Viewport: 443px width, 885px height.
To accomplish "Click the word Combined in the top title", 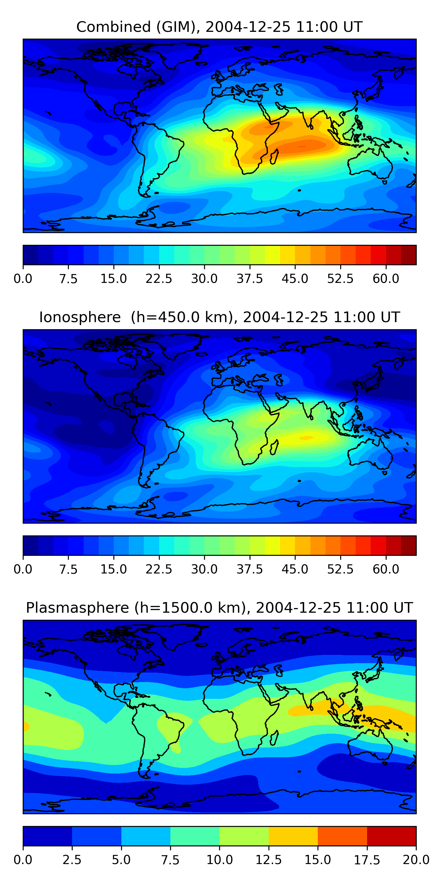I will click(x=113, y=27).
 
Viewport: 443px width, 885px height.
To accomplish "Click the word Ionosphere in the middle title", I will click(x=80, y=317).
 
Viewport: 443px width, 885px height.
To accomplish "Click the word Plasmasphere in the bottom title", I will click(x=77, y=608).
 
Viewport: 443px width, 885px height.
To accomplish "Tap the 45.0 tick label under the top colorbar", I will click(x=295, y=278).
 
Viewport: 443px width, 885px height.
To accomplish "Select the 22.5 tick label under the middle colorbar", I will click(x=159, y=569).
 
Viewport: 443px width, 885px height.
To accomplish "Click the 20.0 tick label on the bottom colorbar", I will click(x=416, y=860).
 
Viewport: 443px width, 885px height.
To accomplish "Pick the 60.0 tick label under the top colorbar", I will click(x=386, y=278).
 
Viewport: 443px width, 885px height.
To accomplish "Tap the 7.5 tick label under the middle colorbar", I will click(x=68, y=569).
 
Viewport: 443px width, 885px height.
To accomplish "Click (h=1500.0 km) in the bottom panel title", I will click(x=190, y=608).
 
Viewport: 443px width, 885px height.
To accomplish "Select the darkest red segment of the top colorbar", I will click(x=409, y=255).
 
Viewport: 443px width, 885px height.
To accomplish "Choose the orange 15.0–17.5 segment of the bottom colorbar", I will click(x=342, y=836).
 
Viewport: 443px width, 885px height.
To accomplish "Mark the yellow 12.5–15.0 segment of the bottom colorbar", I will click(x=293, y=836).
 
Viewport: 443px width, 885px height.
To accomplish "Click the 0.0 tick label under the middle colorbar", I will click(x=23, y=569).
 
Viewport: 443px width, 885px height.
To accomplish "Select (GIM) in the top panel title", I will click(x=178, y=27).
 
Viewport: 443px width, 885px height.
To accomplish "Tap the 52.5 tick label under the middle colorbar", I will click(x=340, y=569).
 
